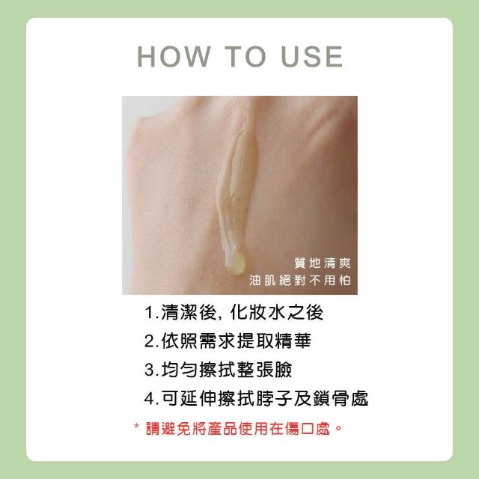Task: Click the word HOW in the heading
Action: click(x=174, y=57)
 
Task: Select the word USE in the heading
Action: click(x=311, y=57)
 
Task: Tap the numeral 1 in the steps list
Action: click(x=150, y=313)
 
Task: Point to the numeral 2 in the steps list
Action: click(x=150, y=341)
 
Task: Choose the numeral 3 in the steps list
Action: click(x=150, y=370)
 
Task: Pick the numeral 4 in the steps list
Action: click(x=150, y=398)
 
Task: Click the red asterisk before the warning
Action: click(x=136, y=426)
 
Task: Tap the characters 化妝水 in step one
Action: click(x=259, y=312)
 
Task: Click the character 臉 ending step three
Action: click(x=284, y=369)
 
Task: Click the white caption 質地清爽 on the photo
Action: click(x=323, y=263)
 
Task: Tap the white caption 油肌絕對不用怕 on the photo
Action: click(x=299, y=280)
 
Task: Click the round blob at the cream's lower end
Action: click(x=237, y=264)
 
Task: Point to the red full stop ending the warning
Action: click(x=338, y=427)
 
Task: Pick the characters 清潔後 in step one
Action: click(x=189, y=312)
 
